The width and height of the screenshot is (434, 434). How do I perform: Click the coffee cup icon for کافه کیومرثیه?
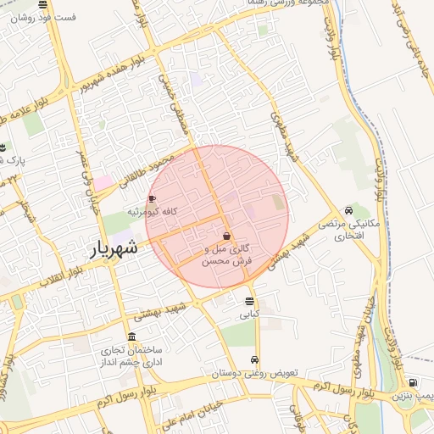[x=153, y=198]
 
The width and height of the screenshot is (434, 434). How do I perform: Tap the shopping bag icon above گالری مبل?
[x=226, y=236]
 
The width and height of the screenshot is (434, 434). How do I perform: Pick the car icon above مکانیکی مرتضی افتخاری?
[x=348, y=211]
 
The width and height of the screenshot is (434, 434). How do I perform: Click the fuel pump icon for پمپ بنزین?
[x=413, y=382]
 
